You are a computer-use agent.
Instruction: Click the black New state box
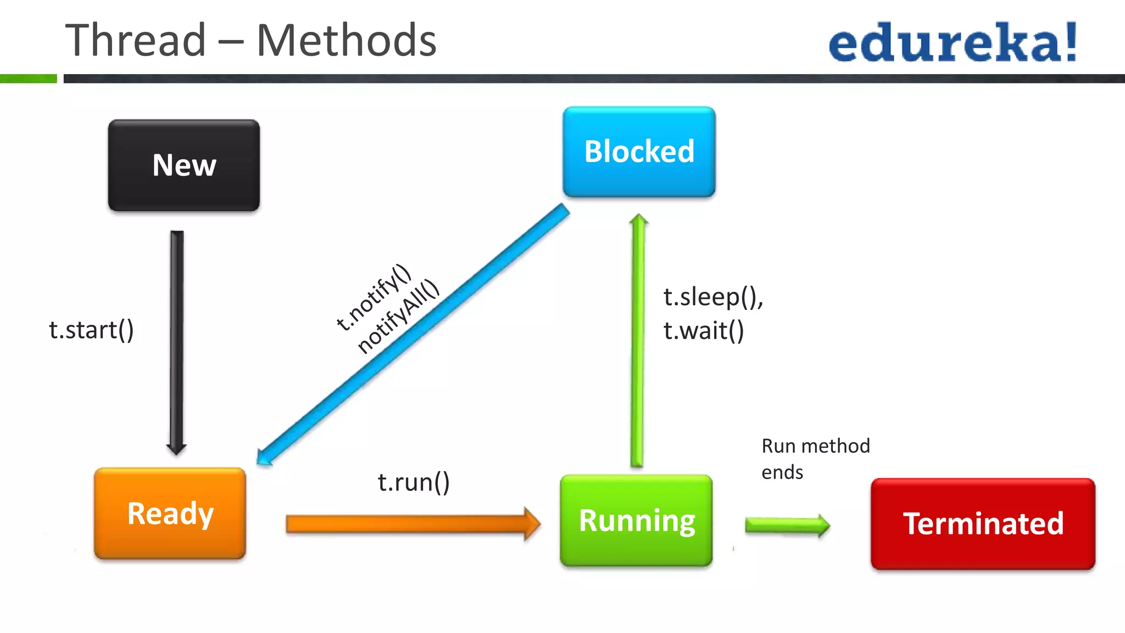pyautogui.click(x=184, y=165)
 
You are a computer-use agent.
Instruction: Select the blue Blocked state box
pyautogui.click(x=639, y=152)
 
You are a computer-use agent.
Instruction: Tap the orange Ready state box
pyautogui.click(x=170, y=513)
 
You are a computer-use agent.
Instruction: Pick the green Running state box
pyautogui.click(x=636, y=520)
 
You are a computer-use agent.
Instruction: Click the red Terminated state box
pyautogui.click(x=983, y=524)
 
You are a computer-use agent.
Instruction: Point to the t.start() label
pyautogui.click(x=91, y=330)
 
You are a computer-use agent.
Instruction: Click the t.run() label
pyautogui.click(x=414, y=482)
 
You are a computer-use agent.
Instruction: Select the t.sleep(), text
pyautogui.click(x=713, y=297)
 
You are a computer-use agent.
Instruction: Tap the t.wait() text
pyautogui.click(x=704, y=331)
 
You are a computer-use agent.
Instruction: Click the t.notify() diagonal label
pyautogui.click(x=373, y=297)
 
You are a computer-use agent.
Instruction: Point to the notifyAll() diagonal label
pyautogui.click(x=398, y=316)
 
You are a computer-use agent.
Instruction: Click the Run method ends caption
pyautogui.click(x=815, y=458)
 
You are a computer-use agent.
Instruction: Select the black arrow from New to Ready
pyautogui.click(x=177, y=341)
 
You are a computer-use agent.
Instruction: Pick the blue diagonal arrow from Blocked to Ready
pyautogui.click(x=412, y=335)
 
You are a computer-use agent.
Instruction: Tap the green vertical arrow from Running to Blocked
pyautogui.click(x=638, y=341)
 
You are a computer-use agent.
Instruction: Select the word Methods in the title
pyautogui.click(x=346, y=41)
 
